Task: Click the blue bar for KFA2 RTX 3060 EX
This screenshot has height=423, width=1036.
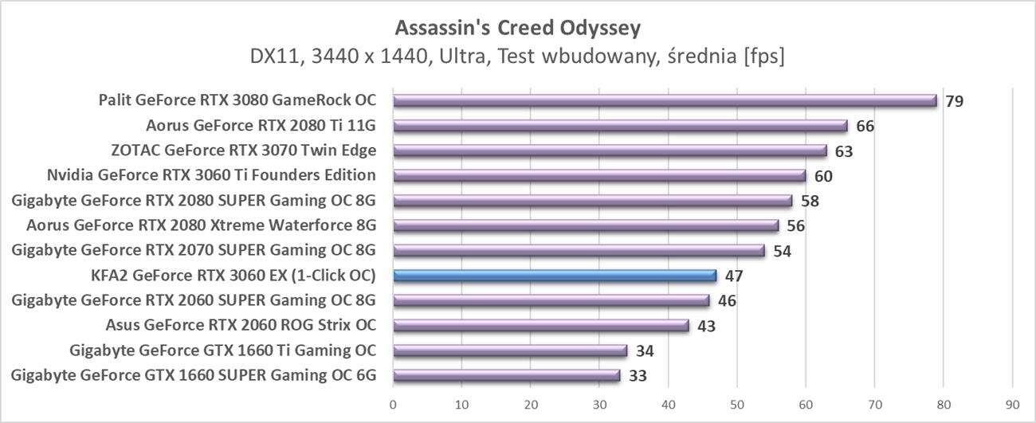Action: coord(555,276)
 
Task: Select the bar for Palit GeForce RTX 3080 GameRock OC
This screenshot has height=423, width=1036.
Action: coord(665,100)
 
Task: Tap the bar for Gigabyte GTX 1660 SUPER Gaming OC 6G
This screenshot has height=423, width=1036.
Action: coord(507,375)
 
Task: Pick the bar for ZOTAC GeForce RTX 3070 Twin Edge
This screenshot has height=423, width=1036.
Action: coord(610,151)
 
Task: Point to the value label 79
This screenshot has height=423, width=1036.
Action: coord(954,101)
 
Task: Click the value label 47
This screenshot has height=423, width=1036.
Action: coord(734,276)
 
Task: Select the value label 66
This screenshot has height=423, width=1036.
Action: coord(865,126)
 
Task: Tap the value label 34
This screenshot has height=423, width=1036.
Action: coord(645,351)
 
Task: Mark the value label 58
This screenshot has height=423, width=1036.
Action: coord(810,201)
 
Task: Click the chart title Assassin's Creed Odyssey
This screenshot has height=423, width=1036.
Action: coord(518,28)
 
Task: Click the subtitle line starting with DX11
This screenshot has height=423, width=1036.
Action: coord(518,57)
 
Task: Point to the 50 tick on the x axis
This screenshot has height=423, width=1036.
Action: coord(737,404)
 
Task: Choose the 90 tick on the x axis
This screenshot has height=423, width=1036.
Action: coord(1012,404)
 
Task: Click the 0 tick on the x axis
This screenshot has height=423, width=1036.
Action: coord(393,404)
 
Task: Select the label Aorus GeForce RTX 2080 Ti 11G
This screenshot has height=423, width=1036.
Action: coord(261,126)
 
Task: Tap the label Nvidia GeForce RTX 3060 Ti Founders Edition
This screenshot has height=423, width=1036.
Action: coord(212,175)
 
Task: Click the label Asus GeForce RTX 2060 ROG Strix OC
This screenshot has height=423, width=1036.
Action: coord(241,325)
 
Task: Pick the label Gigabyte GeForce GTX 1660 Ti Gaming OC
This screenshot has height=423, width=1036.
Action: coord(223,351)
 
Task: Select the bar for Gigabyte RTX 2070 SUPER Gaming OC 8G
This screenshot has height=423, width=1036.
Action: coord(579,251)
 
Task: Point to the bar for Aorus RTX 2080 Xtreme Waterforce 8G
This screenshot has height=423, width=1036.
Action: coord(586,225)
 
